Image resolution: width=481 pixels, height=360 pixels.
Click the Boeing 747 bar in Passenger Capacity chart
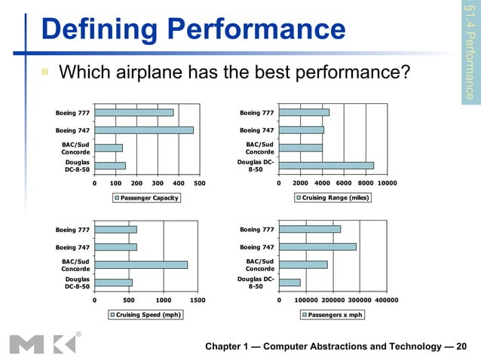144,130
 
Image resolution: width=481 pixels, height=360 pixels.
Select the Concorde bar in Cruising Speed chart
141,264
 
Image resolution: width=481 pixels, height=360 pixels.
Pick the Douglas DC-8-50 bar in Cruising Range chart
326,165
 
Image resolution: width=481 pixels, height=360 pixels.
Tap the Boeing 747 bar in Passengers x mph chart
317,246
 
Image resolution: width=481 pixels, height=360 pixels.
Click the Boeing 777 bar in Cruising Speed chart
115,230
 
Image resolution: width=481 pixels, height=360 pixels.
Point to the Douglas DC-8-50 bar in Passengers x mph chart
290,282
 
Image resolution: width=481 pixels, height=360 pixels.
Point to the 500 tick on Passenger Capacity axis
200,182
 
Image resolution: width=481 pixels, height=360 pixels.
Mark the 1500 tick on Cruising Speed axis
198,299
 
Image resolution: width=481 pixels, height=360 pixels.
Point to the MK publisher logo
43,343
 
